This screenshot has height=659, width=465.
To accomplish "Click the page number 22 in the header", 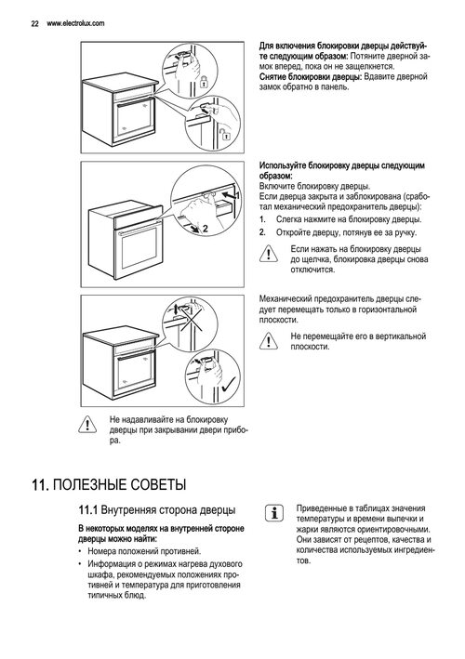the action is (35, 23).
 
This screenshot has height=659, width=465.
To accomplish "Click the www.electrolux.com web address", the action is (75, 23).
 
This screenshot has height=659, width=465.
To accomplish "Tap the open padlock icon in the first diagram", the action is (226, 134).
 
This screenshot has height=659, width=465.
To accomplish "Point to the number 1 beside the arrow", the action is (237, 195).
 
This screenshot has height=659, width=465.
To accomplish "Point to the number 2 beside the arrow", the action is (206, 229).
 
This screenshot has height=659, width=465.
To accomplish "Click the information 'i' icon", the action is (274, 513).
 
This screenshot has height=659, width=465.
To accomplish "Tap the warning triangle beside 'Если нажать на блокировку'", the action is (268, 255).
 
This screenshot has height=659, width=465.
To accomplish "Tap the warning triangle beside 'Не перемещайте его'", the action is (268, 340).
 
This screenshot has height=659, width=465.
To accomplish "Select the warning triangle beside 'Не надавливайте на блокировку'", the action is (87, 424).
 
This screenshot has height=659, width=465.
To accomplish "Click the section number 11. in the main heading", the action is (41, 485).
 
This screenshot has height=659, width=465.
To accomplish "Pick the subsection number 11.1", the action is (87, 510).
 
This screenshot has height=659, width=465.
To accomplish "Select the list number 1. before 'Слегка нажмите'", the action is (262, 219).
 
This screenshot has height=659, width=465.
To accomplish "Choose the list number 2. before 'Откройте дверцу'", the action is (262, 232).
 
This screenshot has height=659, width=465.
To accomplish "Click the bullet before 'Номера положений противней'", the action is (80, 551).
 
